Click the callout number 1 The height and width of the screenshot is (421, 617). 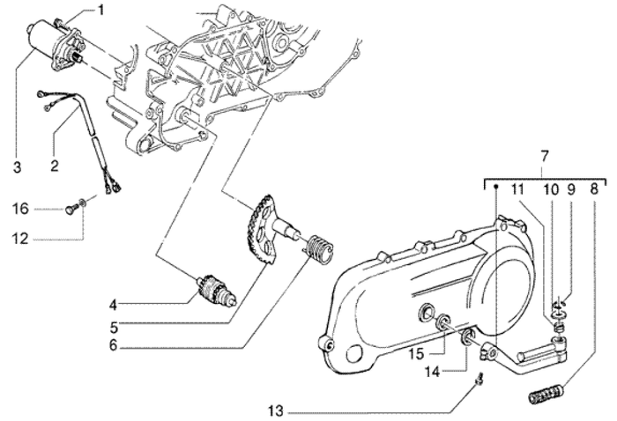pyautogui.click(x=100, y=11)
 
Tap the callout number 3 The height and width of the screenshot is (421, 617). pyautogui.click(x=16, y=166)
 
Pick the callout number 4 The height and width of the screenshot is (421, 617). pyautogui.click(x=113, y=306)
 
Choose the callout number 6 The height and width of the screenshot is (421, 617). pyautogui.click(x=113, y=347)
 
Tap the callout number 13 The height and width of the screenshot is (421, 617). pyautogui.click(x=275, y=410)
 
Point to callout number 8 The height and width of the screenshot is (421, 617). pyautogui.click(x=593, y=188)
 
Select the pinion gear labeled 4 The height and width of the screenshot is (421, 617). pyautogui.click(x=215, y=292)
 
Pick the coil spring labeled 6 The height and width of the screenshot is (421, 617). pyautogui.click(x=318, y=245)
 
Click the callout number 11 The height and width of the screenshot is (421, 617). pyautogui.click(x=517, y=188)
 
